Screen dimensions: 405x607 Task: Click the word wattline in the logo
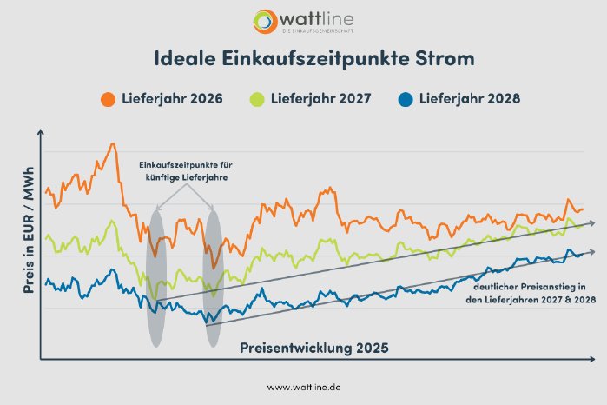319,18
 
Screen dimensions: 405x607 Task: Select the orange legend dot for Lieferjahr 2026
108,98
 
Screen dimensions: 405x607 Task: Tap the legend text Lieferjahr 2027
322,98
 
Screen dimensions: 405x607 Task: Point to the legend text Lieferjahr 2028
470,98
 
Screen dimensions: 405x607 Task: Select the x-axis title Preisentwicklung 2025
313,347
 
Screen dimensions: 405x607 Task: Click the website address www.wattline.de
303,387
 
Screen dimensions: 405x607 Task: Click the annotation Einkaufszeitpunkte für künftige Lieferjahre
186,170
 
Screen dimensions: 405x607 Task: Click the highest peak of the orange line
112,144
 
